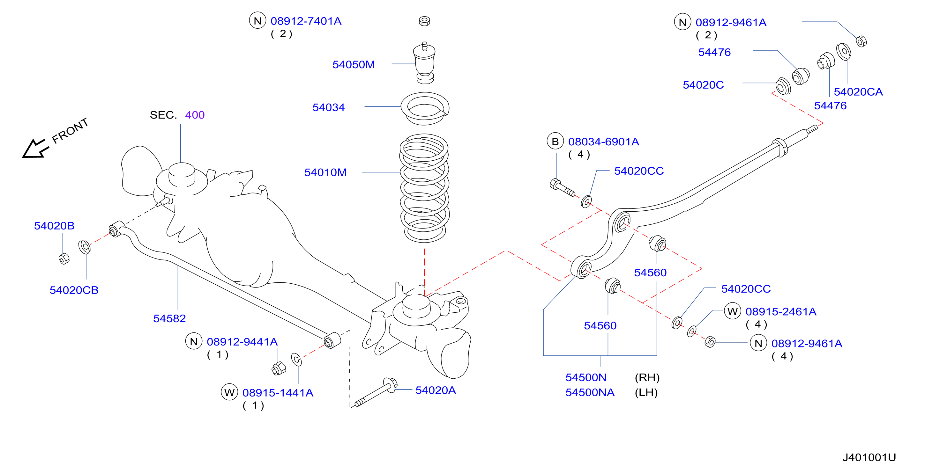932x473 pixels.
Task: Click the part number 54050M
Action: (x=354, y=65)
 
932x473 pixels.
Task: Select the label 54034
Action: (x=329, y=107)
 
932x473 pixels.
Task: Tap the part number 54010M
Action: (x=325, y=172)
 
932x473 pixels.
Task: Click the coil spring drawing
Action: (x=424, y=188)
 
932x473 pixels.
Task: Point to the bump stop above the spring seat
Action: (x=424, y=63)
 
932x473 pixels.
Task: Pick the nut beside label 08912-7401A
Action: (x=424, y=21)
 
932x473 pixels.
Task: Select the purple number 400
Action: (x=195, y=115)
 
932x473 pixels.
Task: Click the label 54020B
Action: (x=54, y=226)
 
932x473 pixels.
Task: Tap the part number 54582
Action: (x=169, y=318)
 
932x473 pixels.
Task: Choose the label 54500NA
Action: (x=590, y=392)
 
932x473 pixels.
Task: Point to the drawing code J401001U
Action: (x=869, y=457)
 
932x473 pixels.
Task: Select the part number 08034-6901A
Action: (x=603, y=142)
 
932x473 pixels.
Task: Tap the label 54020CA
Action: (x=858, y=92)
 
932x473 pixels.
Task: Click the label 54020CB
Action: (x=74, y=290)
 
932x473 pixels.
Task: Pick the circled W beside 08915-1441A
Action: (x=229, y=392)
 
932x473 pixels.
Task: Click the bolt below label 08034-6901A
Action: (x=562, y=187)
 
